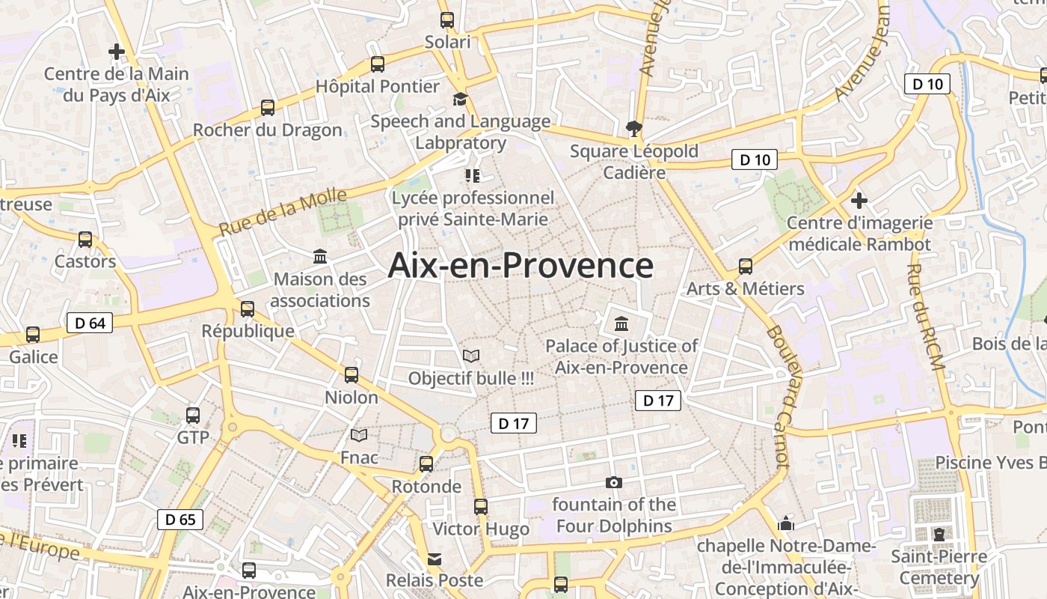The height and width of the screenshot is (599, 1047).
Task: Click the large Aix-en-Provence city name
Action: click(x=521, y=266)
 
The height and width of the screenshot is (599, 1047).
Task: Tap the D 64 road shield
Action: click(x=90, y=323)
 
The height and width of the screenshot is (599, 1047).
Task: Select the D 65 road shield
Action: click(x=180, y=519)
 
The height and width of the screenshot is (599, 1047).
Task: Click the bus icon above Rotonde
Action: click(x=426, y=464)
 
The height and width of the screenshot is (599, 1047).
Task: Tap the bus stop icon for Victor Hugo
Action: click(x=481, y=507)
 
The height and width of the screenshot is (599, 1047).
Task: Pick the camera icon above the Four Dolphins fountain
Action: click(x=614, y=482)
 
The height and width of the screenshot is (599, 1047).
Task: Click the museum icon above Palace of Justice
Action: click(x=621, y=324)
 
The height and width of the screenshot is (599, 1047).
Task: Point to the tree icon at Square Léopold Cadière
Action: click(x=634, y=129)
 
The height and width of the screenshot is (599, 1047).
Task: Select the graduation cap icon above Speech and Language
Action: click(x=460, y=100)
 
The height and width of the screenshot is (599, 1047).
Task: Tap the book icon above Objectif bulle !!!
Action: click(x=471, y=356)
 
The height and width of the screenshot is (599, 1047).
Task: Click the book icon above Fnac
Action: click(x=360, y=435)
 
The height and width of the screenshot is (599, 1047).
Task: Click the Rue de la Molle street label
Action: click(x=283, y=213)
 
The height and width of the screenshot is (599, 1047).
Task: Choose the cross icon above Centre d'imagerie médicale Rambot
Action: click(x=859, y=201)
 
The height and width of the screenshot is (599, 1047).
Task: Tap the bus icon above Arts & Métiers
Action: click(x=746, y=267)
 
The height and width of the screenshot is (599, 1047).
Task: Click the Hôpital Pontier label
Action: click(x=377, y=86)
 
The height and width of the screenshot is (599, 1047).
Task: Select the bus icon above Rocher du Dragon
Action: click(x=268, y=108)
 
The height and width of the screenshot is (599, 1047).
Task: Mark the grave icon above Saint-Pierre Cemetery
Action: click(x=939, y=534)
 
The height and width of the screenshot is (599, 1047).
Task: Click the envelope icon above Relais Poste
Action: click(x=435, y=559)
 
